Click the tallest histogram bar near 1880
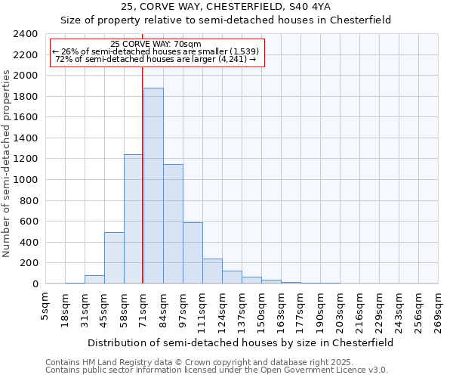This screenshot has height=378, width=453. click(153, 186)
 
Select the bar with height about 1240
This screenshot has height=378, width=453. click(134, 219)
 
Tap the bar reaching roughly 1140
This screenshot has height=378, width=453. click(173, 224)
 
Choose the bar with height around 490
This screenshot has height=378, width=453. click(114, 258)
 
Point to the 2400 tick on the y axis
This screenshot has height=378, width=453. click(26, 34)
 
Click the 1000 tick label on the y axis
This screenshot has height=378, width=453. click(26, 180)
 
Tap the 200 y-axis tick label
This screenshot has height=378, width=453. click(29, 263)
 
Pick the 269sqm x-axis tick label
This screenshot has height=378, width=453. click(438, 311)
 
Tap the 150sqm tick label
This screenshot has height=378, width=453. click(261, 311)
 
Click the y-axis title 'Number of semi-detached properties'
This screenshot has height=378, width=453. click(8, 163)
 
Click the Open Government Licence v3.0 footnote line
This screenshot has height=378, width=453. click(216, 370)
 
